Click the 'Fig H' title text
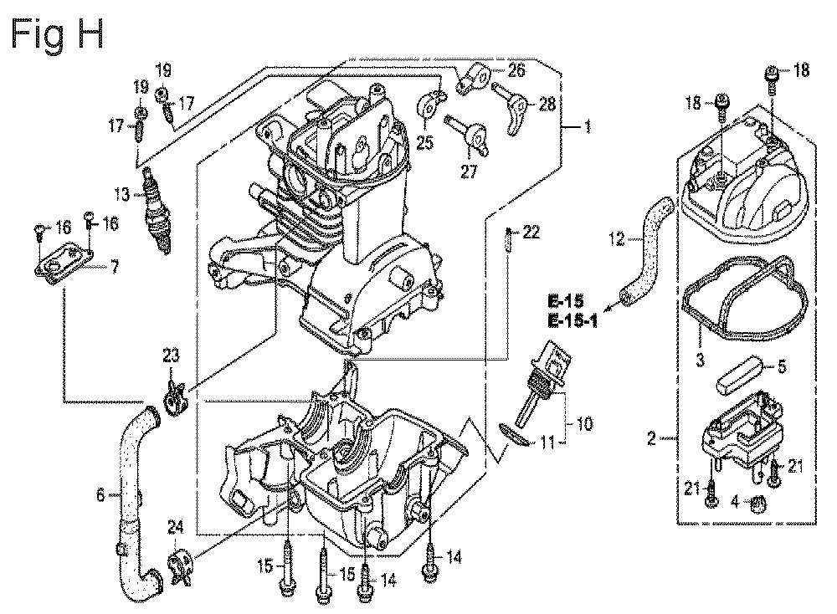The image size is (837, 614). tap(57, 36)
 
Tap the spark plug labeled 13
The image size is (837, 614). tap(156, 210)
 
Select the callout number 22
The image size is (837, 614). tap(531, 232)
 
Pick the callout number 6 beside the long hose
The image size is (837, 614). tap(101, 495)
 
